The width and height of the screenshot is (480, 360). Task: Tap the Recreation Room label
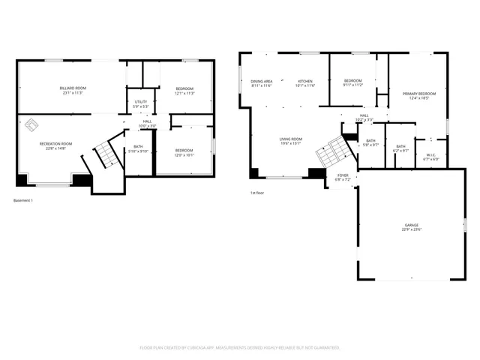pos(56,145)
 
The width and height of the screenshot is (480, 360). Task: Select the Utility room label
pos(141,104)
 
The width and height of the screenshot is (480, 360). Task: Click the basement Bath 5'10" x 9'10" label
pos(138,148)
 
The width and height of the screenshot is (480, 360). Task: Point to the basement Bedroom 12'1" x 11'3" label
pos(184,91)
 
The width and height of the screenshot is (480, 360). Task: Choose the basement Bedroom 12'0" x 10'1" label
pos(184,152)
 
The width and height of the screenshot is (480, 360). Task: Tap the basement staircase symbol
pos(107,154)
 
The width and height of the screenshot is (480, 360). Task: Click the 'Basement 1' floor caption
pos(23,200)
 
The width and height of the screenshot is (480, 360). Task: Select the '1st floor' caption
pos(257,193)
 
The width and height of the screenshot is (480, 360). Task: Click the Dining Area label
pos(262,82)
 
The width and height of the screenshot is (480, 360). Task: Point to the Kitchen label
pos(305,82)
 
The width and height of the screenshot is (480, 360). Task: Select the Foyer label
pos(342,178)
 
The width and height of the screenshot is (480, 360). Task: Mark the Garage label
pos(412,227)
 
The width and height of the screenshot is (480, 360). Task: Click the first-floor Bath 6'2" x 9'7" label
pos(400,148)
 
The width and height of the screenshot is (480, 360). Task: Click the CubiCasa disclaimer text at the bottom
pos(240,348)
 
